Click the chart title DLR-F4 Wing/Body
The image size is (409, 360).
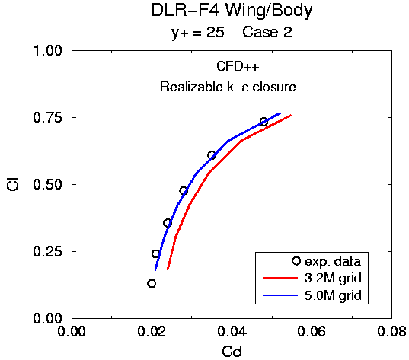click(x=232, y=11)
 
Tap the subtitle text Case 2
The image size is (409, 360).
click(x=267, y=32)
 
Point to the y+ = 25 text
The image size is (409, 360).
click(x=198, y=33)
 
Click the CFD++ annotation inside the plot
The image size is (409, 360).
click(x=238, y=66)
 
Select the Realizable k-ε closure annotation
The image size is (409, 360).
click(x=228, y=87)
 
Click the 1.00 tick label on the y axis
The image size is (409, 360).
click(x=48, y=50)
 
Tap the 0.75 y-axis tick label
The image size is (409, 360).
click(x=48, y=117)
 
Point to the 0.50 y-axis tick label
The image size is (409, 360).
click(x=48, y=184)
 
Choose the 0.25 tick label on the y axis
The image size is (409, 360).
click(x=48, y=252)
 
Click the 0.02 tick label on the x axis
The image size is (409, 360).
click(x=152, y=331)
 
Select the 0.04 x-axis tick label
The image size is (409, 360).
click(x=232, y=331)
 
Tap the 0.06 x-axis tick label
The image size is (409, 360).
click(x=312, y=331)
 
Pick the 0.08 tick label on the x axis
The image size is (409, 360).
click(x=391, y=331)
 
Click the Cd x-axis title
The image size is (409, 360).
click(x=232, y=352)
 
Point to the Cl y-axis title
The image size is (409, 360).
click(x=13, y=184)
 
